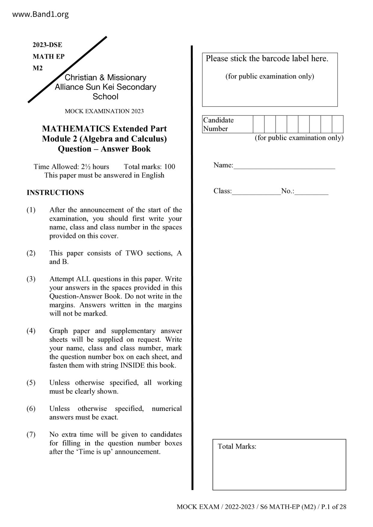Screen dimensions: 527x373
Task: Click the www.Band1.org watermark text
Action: coord(40,14)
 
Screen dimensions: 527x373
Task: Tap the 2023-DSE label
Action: coord(47,45)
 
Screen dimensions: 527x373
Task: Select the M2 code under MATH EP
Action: coord(38,68)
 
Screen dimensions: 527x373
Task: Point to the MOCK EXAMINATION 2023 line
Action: coord(104,111)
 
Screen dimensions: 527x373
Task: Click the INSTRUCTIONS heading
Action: coord(55,193)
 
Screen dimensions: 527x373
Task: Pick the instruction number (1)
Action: coord(31,210)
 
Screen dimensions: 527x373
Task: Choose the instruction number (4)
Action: coord(31,331)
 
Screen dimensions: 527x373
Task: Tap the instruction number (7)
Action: coord(31,434)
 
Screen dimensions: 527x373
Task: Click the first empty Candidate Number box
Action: coord(259,124)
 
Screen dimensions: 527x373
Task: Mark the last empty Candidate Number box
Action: coord(338,124)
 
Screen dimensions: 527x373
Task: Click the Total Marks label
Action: coord(237,446)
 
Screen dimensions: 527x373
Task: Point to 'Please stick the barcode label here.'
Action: coord(267,59)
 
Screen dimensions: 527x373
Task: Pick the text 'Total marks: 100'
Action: coord(149,167)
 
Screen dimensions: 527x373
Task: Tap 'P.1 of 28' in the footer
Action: coord(334,507)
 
